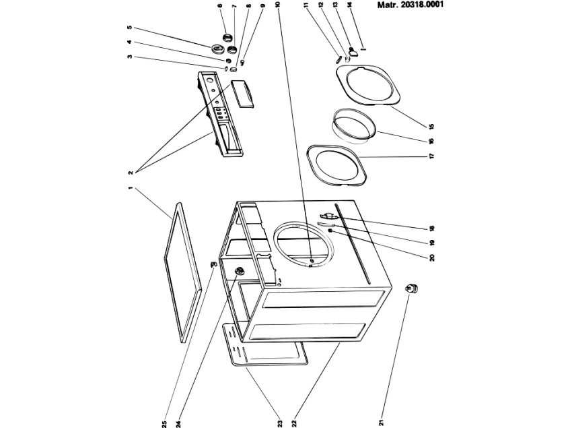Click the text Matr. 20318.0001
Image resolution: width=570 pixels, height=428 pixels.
coord(411,5)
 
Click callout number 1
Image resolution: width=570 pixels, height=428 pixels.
coord(130,188)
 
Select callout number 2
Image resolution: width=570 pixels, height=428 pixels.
coord(130,173)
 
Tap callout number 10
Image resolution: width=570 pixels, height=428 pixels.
coord(278,5)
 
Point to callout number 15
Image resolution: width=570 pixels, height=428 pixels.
coord(431,126)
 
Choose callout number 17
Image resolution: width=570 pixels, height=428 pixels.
coord(431,156)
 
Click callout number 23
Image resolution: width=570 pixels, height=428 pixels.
coord(279,424)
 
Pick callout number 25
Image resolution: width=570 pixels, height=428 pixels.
coord(164,424)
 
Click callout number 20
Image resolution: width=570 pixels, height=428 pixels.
coord(431,257)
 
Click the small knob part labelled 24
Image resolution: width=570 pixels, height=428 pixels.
coord(240,270)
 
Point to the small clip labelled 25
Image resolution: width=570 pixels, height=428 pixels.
coord(214,263)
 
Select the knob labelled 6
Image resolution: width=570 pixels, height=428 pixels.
coord(227,37)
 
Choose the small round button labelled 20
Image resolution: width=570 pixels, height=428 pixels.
coord(330,231)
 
